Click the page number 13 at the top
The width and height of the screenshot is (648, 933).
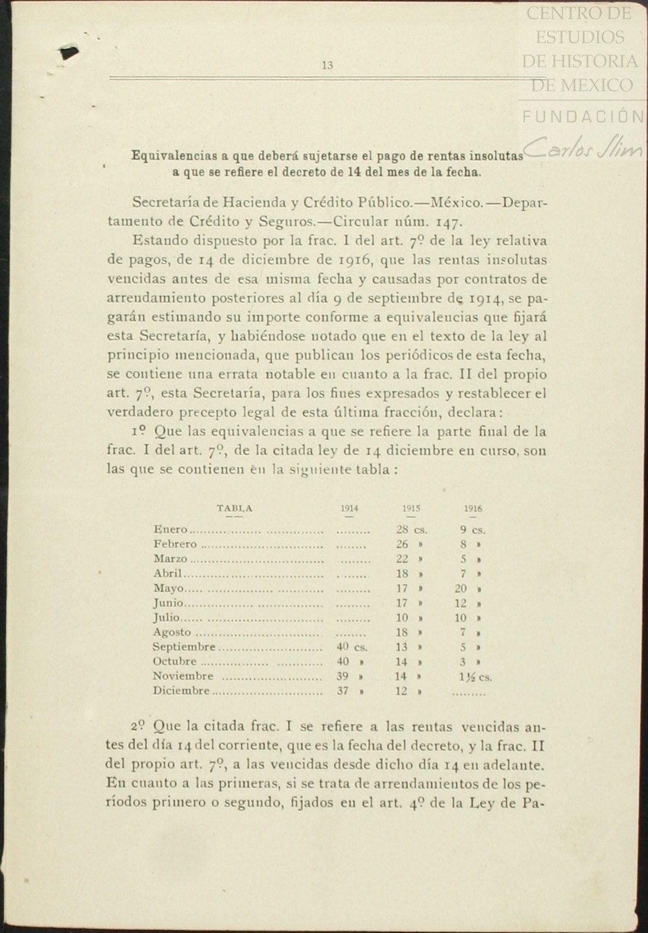[x=327, y=66]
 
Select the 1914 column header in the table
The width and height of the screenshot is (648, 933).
[x=349, y=508]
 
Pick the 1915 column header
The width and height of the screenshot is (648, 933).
[x=411, y=508]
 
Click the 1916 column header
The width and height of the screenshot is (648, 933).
[x=473, y=508]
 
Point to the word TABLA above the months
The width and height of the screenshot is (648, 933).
[x=235, y=508]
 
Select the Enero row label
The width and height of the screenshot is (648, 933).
[x=170, y=530]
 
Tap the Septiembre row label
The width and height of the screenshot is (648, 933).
[x=184, y=647]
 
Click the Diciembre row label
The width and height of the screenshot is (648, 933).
[x=181, y=691]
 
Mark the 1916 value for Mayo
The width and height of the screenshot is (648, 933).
[x=461, y=588]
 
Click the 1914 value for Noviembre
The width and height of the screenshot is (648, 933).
[x=343, y=676]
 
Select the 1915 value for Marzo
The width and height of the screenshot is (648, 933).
[x=402, y=559]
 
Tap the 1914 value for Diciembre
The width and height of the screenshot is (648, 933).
[x=343, y=691]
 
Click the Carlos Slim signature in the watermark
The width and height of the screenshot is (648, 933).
[x=582, y=148]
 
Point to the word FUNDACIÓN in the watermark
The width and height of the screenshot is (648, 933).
[x=583, y=117]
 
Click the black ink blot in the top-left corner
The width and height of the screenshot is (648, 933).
[x=69, y=53]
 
